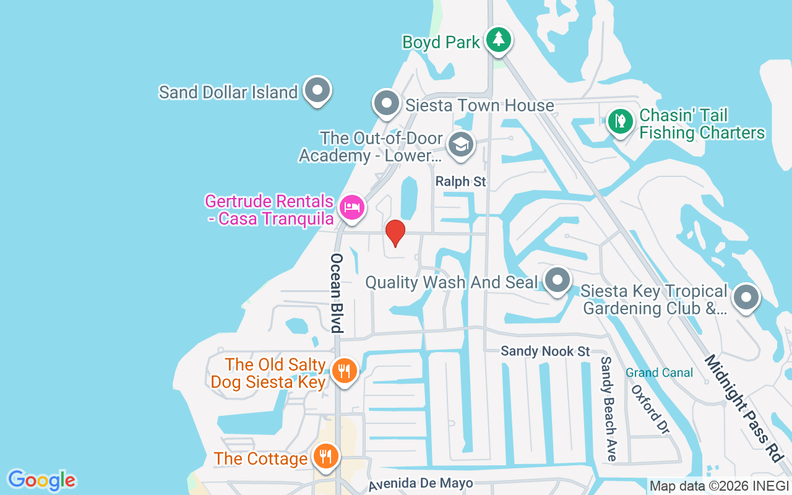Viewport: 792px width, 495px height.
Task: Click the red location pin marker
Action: click(395, 233)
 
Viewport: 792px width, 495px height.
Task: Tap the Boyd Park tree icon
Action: click(498, 40)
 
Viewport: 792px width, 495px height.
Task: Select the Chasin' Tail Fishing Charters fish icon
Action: click(620, 121)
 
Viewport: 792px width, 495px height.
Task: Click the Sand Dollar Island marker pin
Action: click(317, 90)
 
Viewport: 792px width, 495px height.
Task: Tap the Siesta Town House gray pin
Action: click(387, 103)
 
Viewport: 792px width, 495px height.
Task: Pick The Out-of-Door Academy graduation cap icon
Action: click(460, 145)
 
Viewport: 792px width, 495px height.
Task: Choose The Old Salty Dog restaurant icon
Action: click(343, 371)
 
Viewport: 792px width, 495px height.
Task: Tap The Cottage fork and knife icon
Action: click(325, 457)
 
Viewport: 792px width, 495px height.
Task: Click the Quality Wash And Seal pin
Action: click(557, 281)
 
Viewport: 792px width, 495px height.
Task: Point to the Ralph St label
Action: click(461, 182)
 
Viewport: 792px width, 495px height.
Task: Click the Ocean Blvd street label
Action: click(337, 293)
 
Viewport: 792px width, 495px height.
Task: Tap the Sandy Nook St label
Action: click(545, 351)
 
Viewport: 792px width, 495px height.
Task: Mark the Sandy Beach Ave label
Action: click(609, 408)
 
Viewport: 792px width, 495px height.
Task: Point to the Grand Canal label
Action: click(659, 372)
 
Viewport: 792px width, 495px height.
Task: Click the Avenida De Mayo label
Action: click(421, 484)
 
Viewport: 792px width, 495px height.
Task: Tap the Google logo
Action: click(41, 480)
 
